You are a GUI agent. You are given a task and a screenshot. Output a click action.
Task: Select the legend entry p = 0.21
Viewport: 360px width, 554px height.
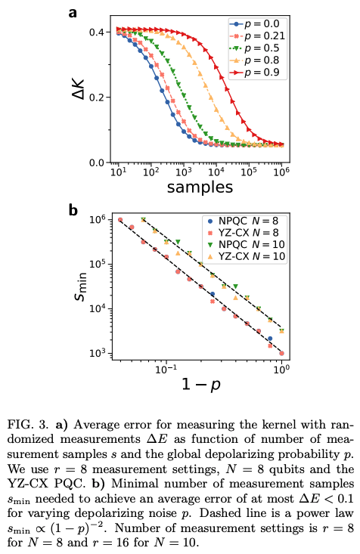258,36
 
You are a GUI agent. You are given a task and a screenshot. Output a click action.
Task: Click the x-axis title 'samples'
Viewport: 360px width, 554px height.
200,186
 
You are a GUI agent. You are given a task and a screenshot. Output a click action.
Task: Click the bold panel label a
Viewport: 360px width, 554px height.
73,12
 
